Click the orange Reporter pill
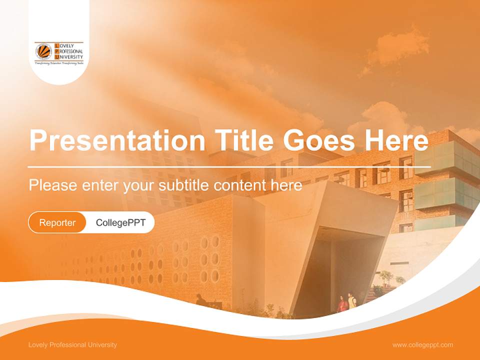click(x=57, y=222)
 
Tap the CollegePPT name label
click(x=120, y=222)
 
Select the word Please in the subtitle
click(x=52, y=185)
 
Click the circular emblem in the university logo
click(x=43, y=51)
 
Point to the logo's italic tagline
click(x=58, y=64)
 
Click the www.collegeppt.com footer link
click(x=422, y=344)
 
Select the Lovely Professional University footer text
click(x=73, y=344)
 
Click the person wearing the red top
click(x=342, y=304)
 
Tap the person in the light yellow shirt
click(x=352, y=301)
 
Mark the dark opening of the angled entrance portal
click(x=345, y=265)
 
